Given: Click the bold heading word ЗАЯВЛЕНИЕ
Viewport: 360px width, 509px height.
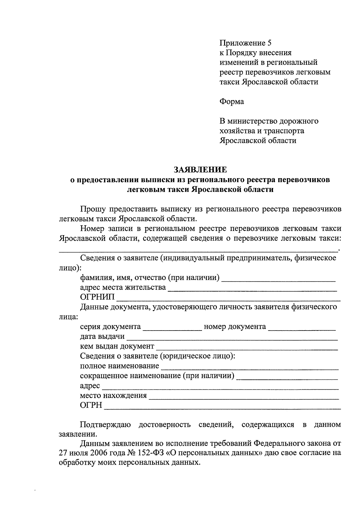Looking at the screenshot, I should [200, 170].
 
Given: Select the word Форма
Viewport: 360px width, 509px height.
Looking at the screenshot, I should [232, 102].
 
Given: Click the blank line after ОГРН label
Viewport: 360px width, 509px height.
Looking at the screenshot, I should [222, 406].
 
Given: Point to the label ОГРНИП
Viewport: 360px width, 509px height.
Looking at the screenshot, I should [97, 297].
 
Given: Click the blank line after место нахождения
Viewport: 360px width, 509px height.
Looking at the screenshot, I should [244, 397].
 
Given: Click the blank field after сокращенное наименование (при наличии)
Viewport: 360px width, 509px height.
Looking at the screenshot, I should [287, 377].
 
